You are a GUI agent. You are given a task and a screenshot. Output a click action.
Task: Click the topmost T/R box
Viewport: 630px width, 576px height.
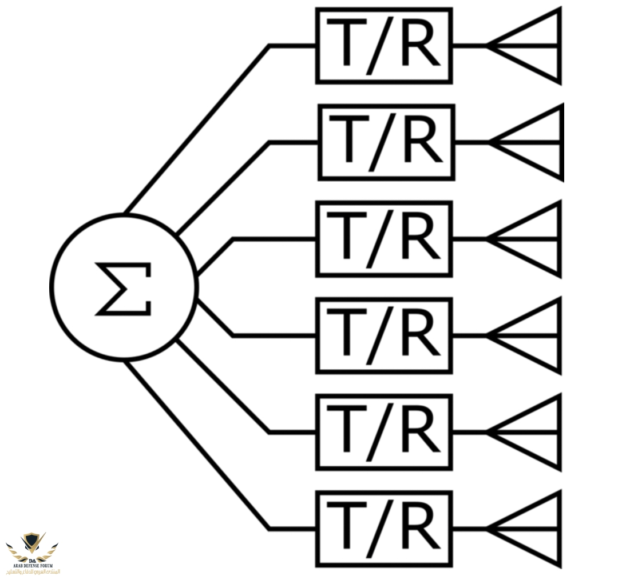(x=384, y=46)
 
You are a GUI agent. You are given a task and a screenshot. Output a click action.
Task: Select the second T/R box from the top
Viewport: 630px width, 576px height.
(x=386, y=142)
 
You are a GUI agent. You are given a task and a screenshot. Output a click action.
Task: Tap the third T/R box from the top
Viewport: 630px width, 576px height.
(x=384, y=239)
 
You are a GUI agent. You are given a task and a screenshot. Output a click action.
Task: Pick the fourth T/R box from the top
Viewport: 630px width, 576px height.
(x=384, y=335)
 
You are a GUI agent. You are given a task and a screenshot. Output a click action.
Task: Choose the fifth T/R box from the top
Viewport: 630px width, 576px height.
(x=384, y=432)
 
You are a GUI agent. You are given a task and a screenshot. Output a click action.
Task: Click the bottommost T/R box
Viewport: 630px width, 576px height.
(x=384, y=529)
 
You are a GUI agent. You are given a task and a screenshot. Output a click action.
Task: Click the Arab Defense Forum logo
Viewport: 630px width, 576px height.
(x=33, y=551)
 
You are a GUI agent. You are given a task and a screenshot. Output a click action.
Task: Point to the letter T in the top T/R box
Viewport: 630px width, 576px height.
(x=347, y=43)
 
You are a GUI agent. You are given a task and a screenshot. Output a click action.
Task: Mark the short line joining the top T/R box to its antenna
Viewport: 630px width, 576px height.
(x=469, y=46)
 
